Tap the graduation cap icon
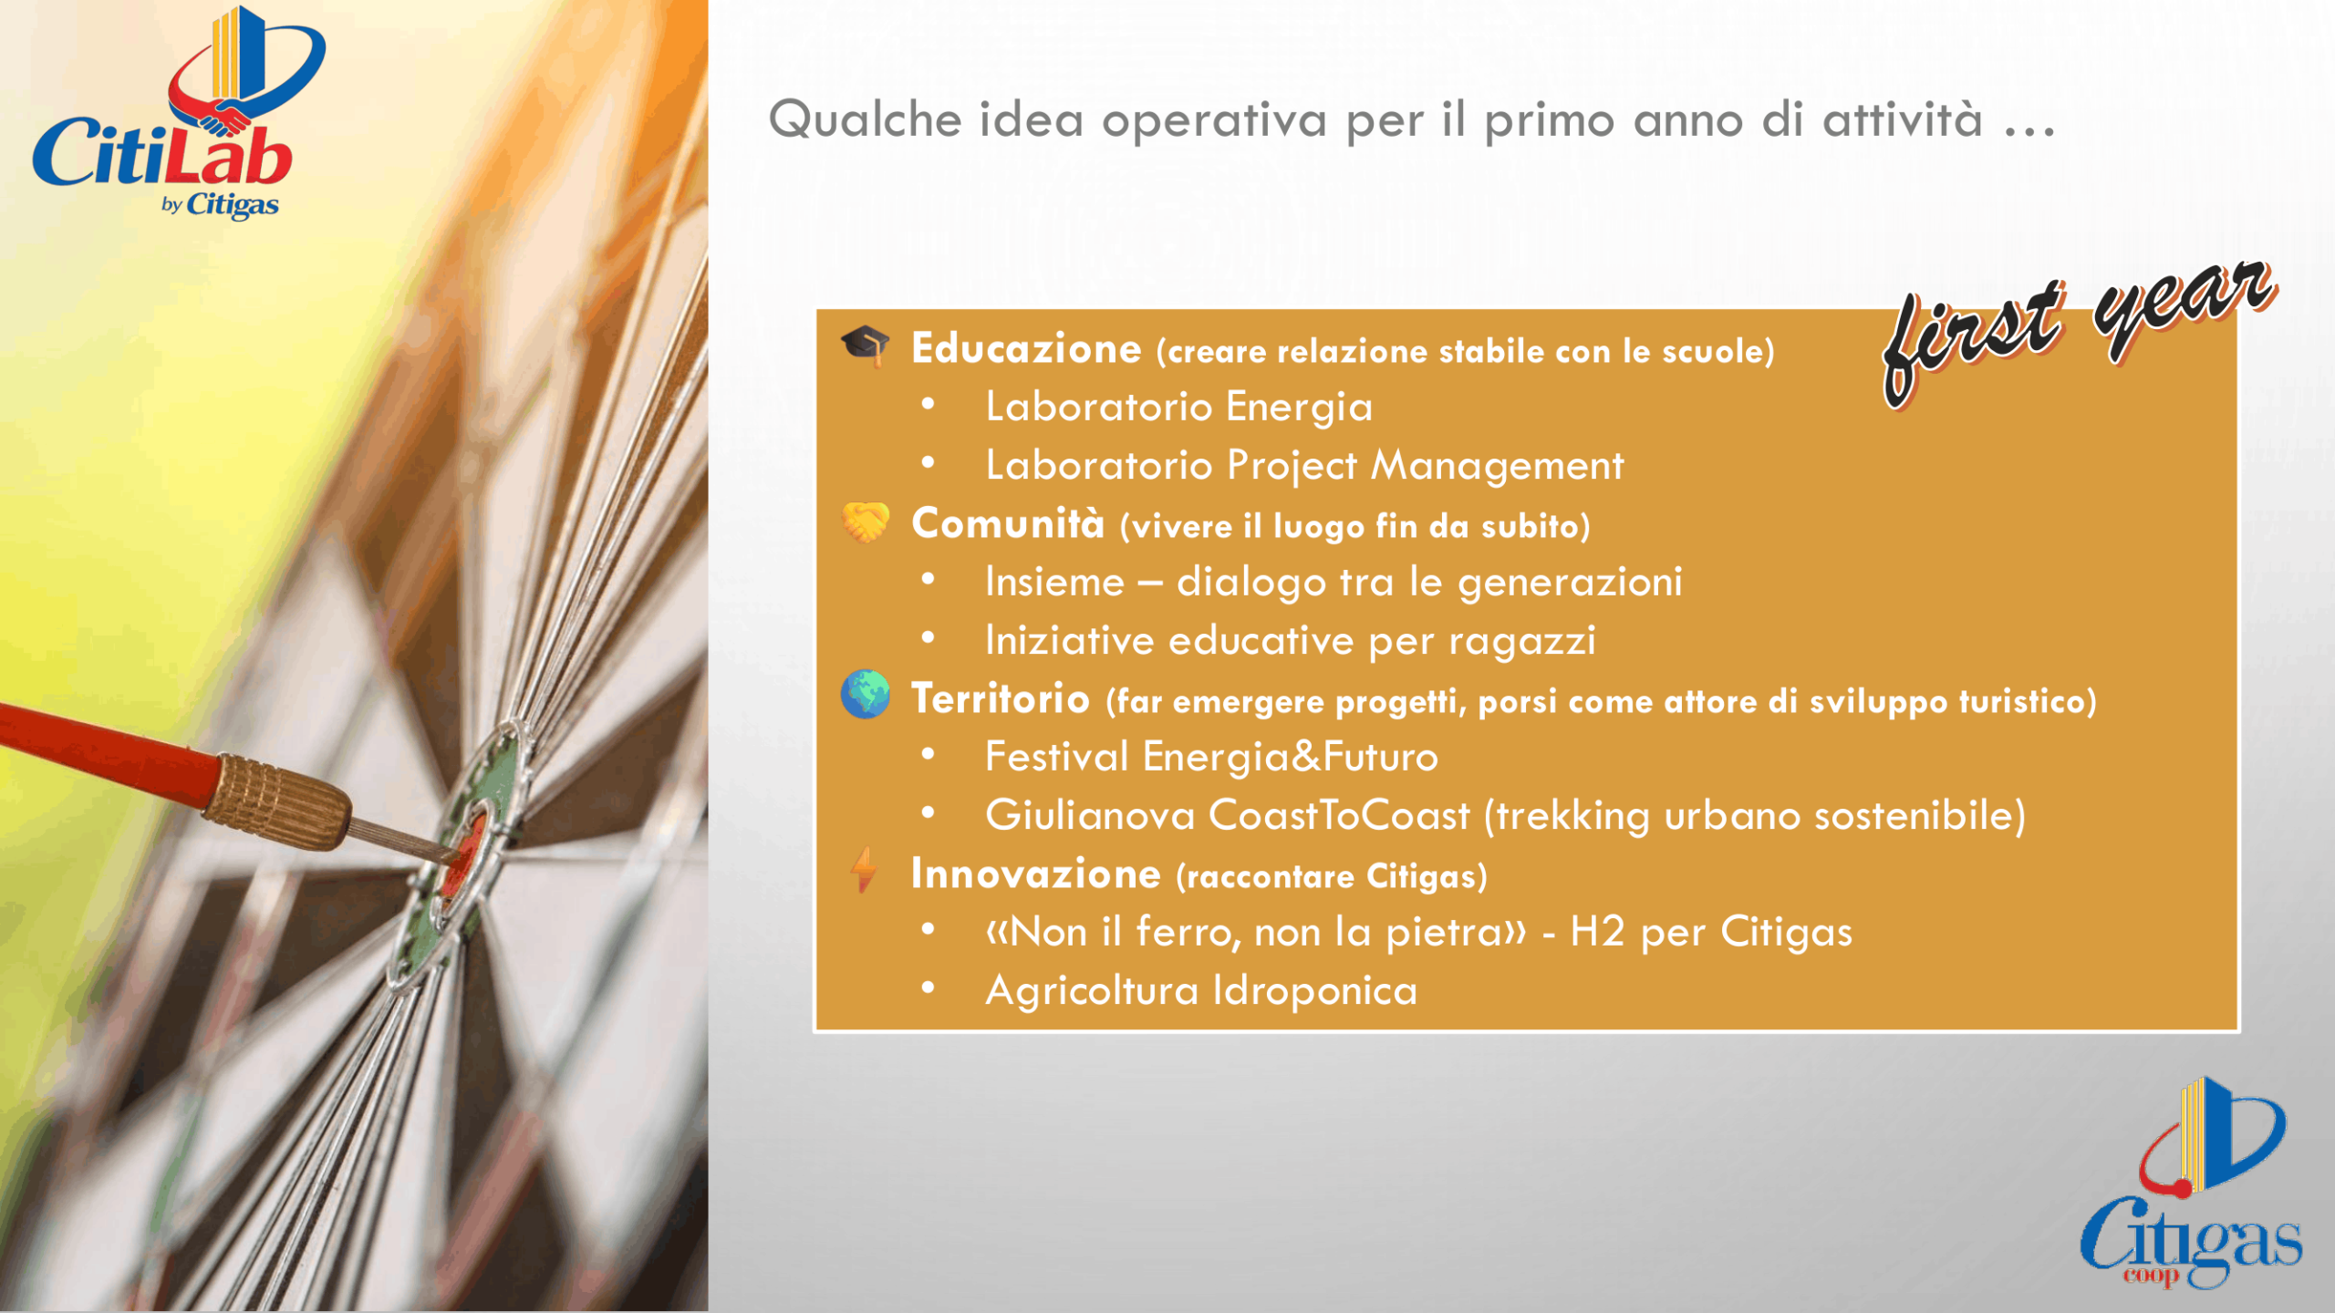coord(865,346)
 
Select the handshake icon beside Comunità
coord(865,522)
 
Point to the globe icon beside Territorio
coord(865,695)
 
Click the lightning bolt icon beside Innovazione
coord(864,870)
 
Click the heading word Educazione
coord(1026,348)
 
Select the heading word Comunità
coord(1008,523)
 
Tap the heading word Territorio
coord(1001,698)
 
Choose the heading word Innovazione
coord(1036,874)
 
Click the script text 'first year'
coord(2080,333)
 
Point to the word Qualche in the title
coord(866,119)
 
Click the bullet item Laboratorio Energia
coord(1178,408)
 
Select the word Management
coord(1497,466)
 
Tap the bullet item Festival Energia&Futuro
coord(1211,757)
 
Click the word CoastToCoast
coord(1339,815)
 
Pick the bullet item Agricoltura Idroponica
coord(1201,991)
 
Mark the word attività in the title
coord(1903,119)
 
